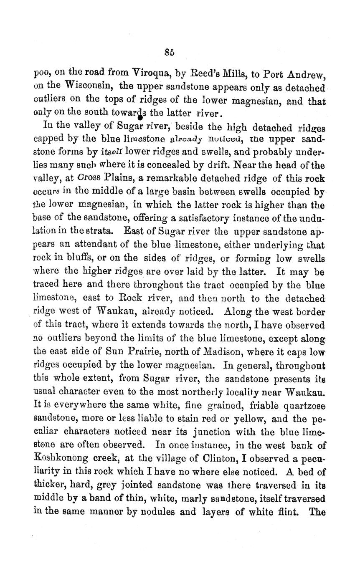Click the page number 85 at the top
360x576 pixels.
tap(169, 52)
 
